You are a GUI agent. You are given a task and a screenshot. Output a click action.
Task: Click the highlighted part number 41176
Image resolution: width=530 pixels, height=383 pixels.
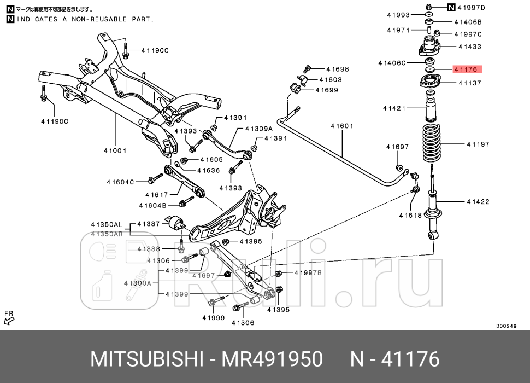(x=464, y=69)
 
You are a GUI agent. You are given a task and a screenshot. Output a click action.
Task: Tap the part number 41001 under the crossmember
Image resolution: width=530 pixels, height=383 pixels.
(x=115, y=151)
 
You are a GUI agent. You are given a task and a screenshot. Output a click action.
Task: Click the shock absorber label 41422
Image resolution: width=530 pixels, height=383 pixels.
(x=478, y=202)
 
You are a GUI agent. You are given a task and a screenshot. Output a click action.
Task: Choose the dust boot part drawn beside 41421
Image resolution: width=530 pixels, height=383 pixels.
(x=431, y=107)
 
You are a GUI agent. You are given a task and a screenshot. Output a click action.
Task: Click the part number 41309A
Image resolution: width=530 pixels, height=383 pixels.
(x=258, y=129)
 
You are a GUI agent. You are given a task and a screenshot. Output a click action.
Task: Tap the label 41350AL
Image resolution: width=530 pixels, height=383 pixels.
(x=107, y=224)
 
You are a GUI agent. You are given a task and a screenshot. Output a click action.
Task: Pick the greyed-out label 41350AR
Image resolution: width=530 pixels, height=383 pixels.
(x=107, y=234)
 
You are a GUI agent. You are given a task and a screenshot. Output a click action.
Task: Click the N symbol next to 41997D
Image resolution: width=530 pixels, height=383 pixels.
(x=451, y=7)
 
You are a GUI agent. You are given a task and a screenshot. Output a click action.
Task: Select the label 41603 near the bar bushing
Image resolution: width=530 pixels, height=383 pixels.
(x=330, y=79)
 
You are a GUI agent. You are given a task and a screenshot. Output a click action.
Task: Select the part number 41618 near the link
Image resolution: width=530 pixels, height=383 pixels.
(x=410, y=215)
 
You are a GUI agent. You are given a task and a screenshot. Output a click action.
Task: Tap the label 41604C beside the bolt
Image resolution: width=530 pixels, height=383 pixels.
(x=120, y=182)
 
